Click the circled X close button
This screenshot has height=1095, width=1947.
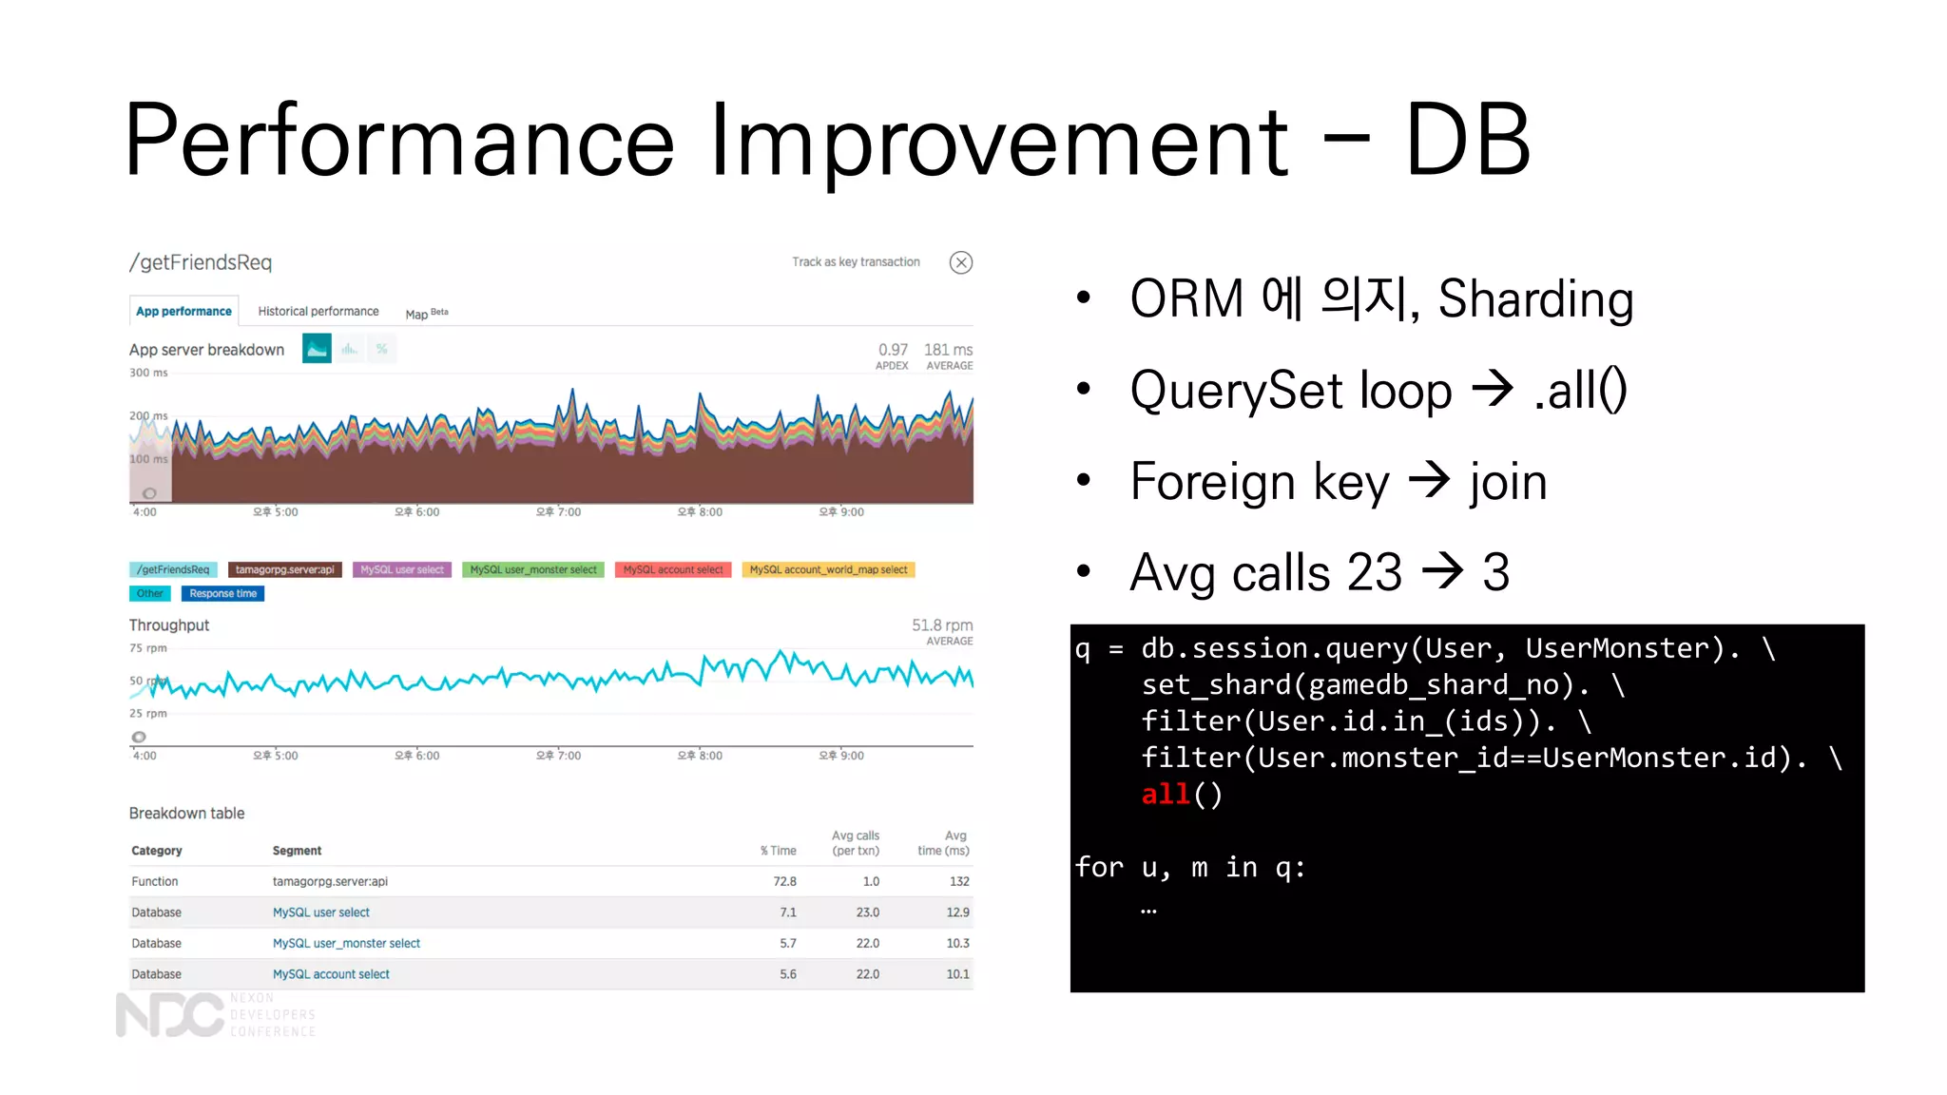[x=960, y=262]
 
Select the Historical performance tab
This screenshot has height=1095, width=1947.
[x=318, y=311]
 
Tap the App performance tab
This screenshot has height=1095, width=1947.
[x=183, y=311]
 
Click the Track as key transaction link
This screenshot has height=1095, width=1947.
[x=856, y=261]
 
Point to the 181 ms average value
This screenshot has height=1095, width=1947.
[x=948, y=350]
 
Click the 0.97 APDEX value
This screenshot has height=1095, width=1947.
[x=893, y=350]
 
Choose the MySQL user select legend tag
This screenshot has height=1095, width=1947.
[x=401, y=569]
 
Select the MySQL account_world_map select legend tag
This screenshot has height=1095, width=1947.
[x=827, y=569]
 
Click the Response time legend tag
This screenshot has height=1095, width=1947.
[x=222, y=593]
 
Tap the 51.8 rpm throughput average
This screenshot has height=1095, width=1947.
[x=941, y=624]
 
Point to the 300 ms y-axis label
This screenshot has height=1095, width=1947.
[x=148, y=373]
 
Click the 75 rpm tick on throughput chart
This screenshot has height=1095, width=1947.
[x=148, y=648]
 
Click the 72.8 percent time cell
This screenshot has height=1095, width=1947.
[x=784, y=881]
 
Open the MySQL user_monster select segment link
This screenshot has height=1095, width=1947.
[x=346, y=943]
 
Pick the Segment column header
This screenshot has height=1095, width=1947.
[x=297, y=851]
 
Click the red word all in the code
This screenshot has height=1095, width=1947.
[x=1166, y=794]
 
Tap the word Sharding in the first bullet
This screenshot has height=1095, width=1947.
[x=1534, y=299]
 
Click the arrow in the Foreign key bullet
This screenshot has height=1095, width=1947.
[x=1428, y=480]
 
